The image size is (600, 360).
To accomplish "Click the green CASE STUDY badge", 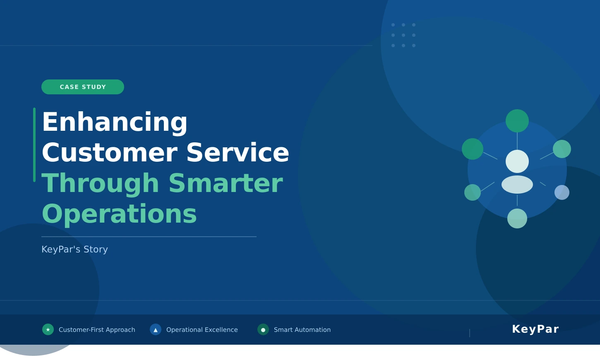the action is (83, 87).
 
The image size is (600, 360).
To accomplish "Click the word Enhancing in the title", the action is (115, 122).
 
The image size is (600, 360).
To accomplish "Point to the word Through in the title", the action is (100, 183).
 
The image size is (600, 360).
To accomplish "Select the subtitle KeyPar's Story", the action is (75, 250).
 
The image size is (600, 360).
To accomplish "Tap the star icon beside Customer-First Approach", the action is (48, 329).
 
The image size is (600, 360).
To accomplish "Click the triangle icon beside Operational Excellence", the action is (156, 329).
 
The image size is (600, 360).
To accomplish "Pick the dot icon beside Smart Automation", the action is (263, 329).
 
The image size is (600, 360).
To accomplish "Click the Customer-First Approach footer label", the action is (97, 330).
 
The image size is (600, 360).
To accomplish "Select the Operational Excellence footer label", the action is (202, 330).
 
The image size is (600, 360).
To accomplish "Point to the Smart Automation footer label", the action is (302, 330).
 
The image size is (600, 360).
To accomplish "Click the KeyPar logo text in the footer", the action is (535, 329).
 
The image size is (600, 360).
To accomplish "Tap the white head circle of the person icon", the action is (517, 161).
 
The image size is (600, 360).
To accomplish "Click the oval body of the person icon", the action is (517, 185).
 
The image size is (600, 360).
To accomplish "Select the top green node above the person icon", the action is (517, 121).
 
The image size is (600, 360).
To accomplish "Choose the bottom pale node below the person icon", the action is (517, 218).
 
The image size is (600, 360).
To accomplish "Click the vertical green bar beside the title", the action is (34, 145).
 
